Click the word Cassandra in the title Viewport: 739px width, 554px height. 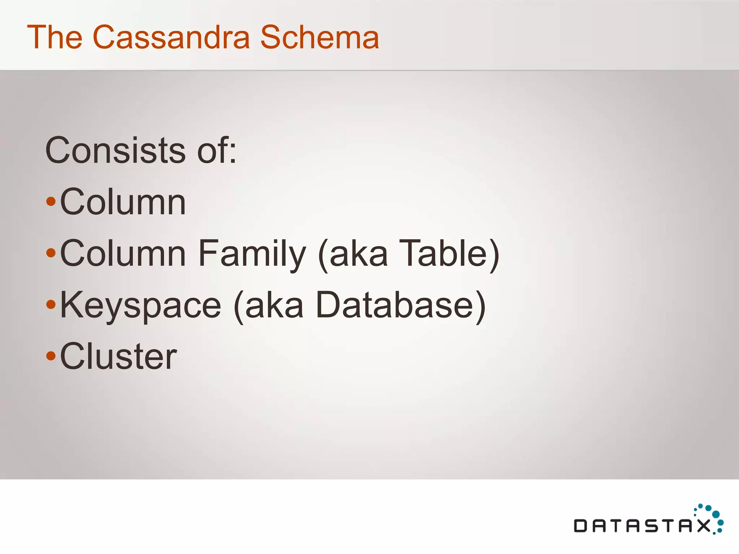coord(171,37)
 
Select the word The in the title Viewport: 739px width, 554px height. coord(55,37)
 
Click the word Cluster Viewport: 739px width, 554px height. coord(118,357)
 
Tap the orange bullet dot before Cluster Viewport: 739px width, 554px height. coord(51,356)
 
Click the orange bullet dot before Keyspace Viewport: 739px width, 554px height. coord(51,305)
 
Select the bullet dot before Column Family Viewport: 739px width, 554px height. coord(51,253)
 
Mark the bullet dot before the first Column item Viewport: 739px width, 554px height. coord(51,201)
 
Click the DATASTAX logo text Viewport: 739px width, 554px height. coord(642,526)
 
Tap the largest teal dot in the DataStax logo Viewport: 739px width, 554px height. coord(716,514)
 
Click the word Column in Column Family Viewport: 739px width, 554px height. coord(123,254)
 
